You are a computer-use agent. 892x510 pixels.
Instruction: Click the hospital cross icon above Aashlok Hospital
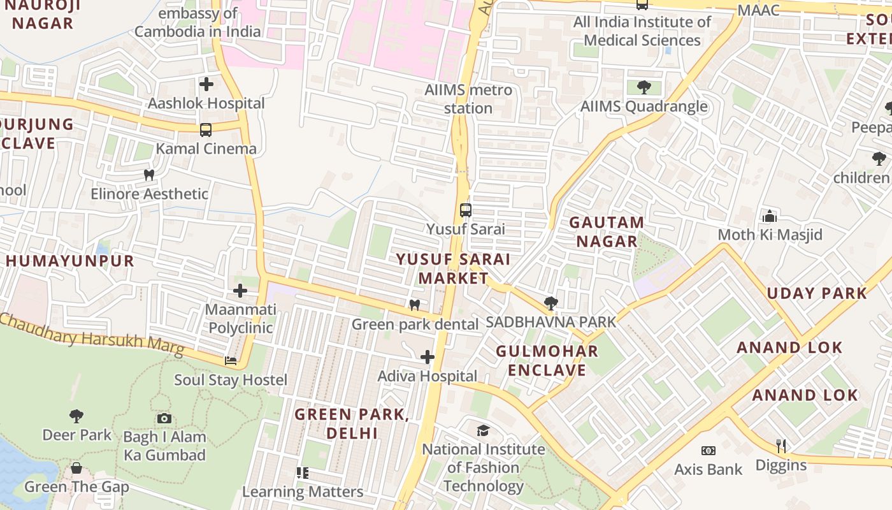206,84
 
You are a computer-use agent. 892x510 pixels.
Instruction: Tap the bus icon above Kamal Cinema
206,130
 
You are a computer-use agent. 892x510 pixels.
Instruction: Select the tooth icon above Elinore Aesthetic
149,175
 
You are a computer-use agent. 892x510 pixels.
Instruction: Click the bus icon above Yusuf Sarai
466,210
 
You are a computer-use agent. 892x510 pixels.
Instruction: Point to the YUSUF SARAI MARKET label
453,268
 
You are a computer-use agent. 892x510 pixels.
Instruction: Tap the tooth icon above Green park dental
415,305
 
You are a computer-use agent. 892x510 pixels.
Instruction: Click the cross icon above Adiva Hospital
428,357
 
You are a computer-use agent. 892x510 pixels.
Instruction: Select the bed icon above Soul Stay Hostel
231,361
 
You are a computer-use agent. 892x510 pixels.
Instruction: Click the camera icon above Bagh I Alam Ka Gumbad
164,418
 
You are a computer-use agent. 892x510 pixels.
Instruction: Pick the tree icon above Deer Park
76,416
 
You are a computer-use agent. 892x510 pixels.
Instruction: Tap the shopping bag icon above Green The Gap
76,469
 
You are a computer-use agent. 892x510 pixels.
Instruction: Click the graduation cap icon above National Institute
484,430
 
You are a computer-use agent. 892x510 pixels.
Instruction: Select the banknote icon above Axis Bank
708,451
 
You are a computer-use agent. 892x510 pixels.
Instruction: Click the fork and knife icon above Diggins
781,446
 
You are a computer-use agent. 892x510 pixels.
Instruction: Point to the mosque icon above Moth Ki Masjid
770,216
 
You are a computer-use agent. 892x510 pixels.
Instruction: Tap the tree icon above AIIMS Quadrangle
644,87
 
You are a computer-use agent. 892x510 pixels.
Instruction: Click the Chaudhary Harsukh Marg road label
92,334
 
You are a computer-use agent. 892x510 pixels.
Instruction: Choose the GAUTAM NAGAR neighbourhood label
606,232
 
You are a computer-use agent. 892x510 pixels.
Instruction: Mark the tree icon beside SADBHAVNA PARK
551,303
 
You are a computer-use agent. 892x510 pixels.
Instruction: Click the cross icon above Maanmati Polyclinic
240,291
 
